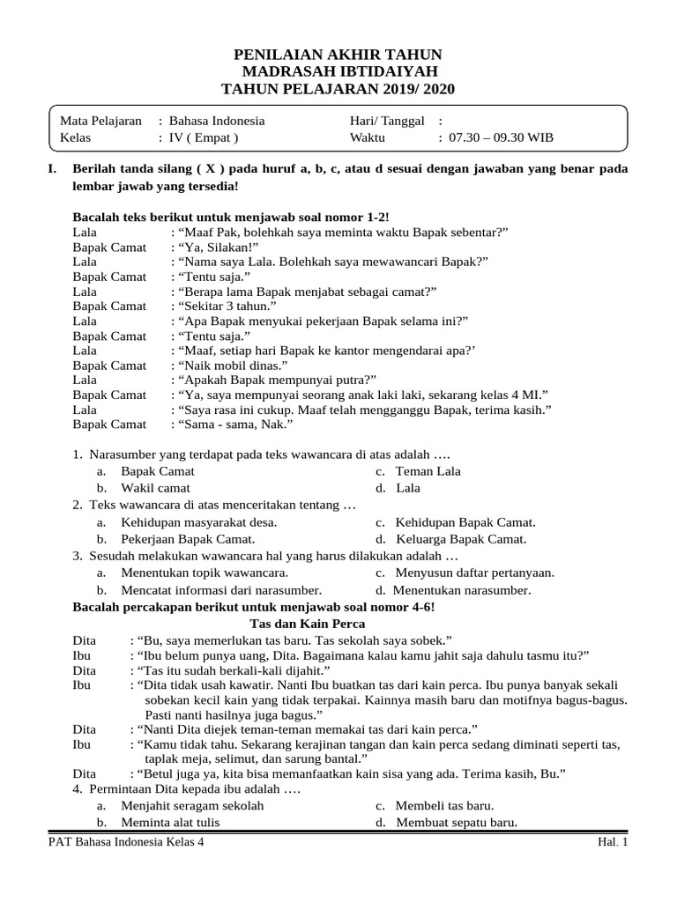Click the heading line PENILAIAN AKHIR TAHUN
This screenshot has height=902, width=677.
[x=338, y=55]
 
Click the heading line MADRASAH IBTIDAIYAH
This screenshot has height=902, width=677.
[x=338, y=71]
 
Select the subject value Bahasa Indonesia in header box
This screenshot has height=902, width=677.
[x=216, y=121]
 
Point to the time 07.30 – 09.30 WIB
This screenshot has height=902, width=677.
[x=501, y=137]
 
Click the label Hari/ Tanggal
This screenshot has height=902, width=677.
[x=387, y=121]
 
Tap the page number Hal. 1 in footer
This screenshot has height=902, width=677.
[x=611, y=843]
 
